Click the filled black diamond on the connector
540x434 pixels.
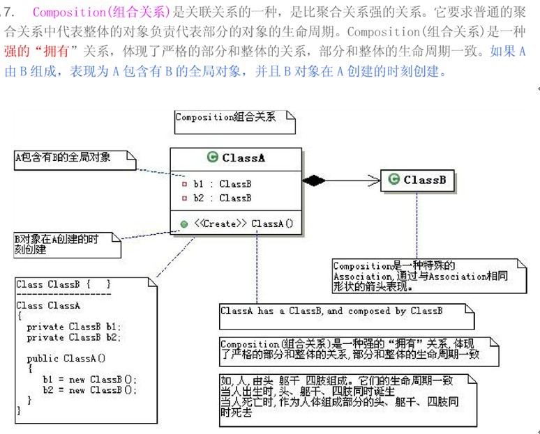point(314,181)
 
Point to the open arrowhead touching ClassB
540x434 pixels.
point(374,181)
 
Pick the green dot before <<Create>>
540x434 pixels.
point(184,224)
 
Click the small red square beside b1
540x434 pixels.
point(184,185)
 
